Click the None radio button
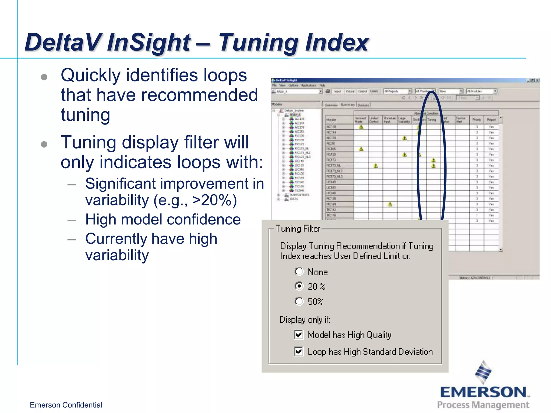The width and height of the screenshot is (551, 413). tap(299, 272)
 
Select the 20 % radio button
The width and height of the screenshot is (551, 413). tap(299, 286)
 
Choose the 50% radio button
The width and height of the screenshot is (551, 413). tap(299, 301)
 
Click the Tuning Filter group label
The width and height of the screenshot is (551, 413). tap(298, 229)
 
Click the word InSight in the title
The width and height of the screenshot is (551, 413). tap(149, 42)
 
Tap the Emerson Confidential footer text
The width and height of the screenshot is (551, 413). tap(66, 405)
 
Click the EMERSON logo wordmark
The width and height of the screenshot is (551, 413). tap(483, 392)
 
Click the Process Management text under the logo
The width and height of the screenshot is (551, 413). tap(483, 405)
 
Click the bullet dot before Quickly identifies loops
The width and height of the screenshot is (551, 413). tap(44, 77)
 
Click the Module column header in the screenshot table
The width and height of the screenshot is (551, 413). tap(331, 120)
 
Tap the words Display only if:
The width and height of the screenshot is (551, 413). tap(305, 319)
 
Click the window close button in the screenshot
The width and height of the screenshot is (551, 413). tap(537, 80)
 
